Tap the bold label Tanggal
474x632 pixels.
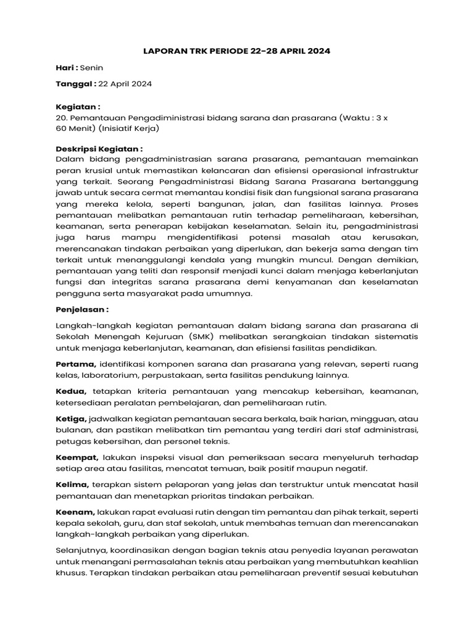[75, 83]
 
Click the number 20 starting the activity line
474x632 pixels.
[61, 117]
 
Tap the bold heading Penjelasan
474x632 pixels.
[82, 309]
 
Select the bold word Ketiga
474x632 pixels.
[71, 419]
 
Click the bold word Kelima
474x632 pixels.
[73, 484]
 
